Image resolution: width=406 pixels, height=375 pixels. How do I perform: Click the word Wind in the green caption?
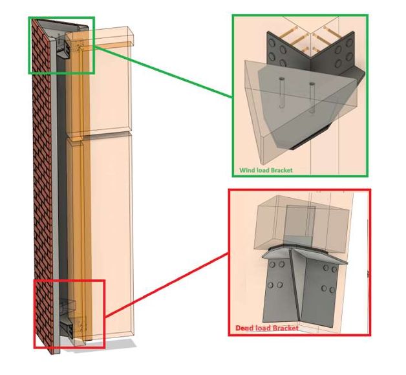pyautogui.click(x=246, y=170)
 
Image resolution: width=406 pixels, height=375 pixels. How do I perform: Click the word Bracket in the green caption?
pyautogui.click(x=282, y=170)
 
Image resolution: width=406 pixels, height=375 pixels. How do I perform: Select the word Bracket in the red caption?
pyautogui.click(x=286, y=328)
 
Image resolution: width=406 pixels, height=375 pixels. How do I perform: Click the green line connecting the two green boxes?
pyautogui.click(x=164, y=72)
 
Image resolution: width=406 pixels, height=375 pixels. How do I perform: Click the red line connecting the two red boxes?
pyautogui.click(x=167, y=285)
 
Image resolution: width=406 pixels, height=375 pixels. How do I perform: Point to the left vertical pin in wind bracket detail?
pyautogui.click(x=281, y=92)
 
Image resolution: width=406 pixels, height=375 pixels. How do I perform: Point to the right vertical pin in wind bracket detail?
pyautogui.click(x=312, y=98)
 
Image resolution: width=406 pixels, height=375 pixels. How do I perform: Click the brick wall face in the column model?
pyautogui.click(x=42, y=186)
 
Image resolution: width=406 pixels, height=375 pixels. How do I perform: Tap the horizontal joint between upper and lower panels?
pyautogui.click(x=100, y=134)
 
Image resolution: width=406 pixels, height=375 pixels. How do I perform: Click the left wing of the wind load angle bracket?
pyautogui.click(x=288, y=52)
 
